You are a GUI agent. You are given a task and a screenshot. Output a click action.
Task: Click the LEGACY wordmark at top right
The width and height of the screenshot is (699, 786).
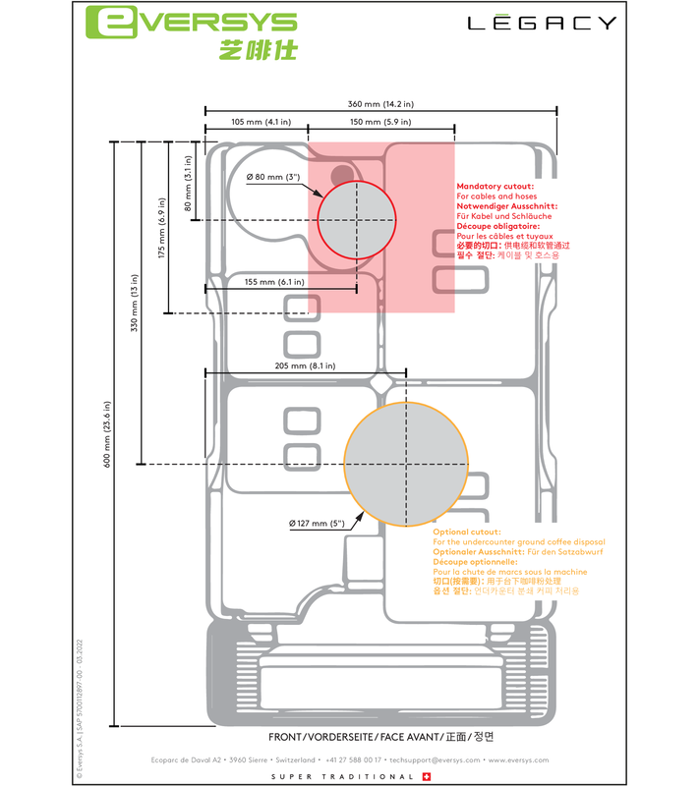(542, 23)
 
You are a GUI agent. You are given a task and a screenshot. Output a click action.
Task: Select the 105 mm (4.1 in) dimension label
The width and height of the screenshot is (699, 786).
(255, 122)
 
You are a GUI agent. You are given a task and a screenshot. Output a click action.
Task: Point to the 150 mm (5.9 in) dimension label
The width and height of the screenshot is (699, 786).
(380, 122)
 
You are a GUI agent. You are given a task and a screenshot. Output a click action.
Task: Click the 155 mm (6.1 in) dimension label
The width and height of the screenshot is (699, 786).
(275, 282)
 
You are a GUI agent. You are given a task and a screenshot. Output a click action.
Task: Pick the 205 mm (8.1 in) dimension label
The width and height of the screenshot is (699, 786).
(305, 365)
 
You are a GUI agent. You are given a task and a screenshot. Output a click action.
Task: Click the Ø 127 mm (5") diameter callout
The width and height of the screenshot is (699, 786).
(317, 523)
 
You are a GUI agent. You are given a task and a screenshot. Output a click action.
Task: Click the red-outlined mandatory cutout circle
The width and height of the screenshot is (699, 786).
(357, 219)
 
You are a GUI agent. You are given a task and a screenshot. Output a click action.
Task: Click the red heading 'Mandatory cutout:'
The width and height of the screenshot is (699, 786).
(495, 186)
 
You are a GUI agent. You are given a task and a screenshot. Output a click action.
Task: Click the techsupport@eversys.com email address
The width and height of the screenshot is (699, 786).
(435, 759)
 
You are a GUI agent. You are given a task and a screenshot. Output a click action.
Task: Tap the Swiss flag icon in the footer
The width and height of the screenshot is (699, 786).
(425, 776)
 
